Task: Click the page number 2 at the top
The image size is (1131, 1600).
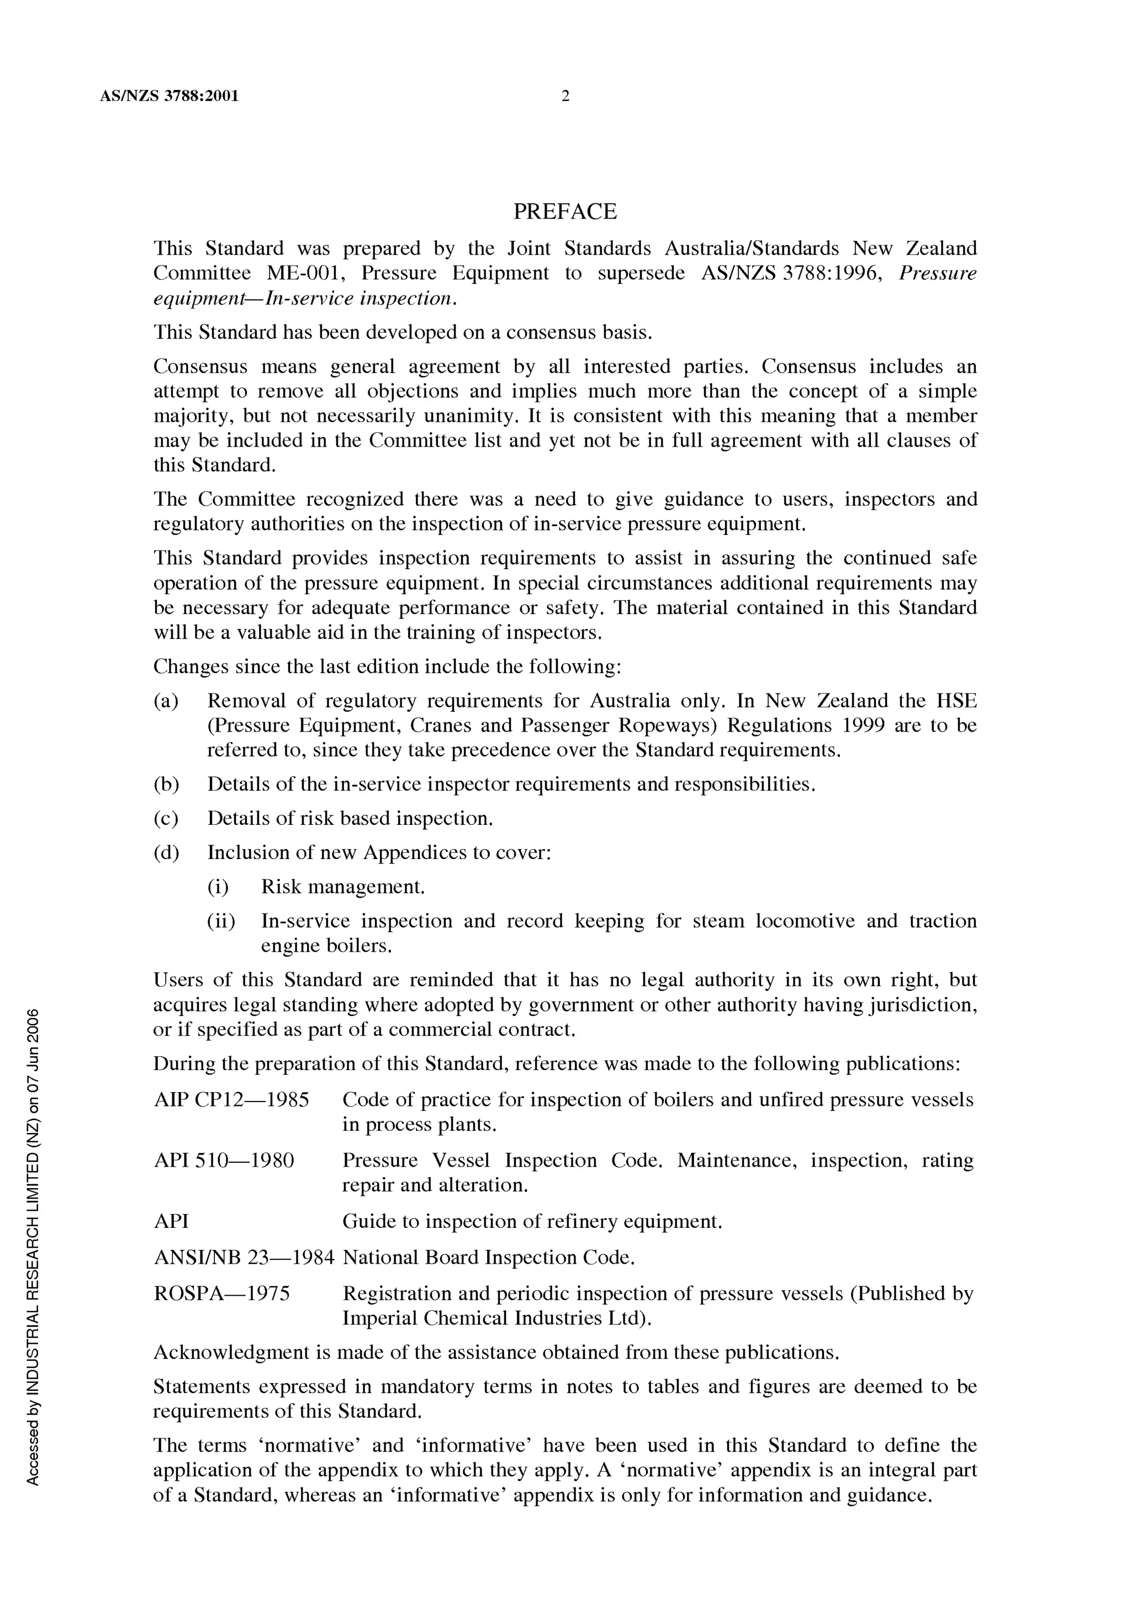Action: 565,96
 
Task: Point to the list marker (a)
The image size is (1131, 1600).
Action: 166,701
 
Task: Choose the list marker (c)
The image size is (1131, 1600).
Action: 166,818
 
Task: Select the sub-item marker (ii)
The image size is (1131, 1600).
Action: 221,921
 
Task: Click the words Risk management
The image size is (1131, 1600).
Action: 342,887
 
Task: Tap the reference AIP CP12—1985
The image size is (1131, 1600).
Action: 231,1100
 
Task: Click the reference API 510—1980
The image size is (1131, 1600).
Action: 224,1161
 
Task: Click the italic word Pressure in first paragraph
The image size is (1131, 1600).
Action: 937,273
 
